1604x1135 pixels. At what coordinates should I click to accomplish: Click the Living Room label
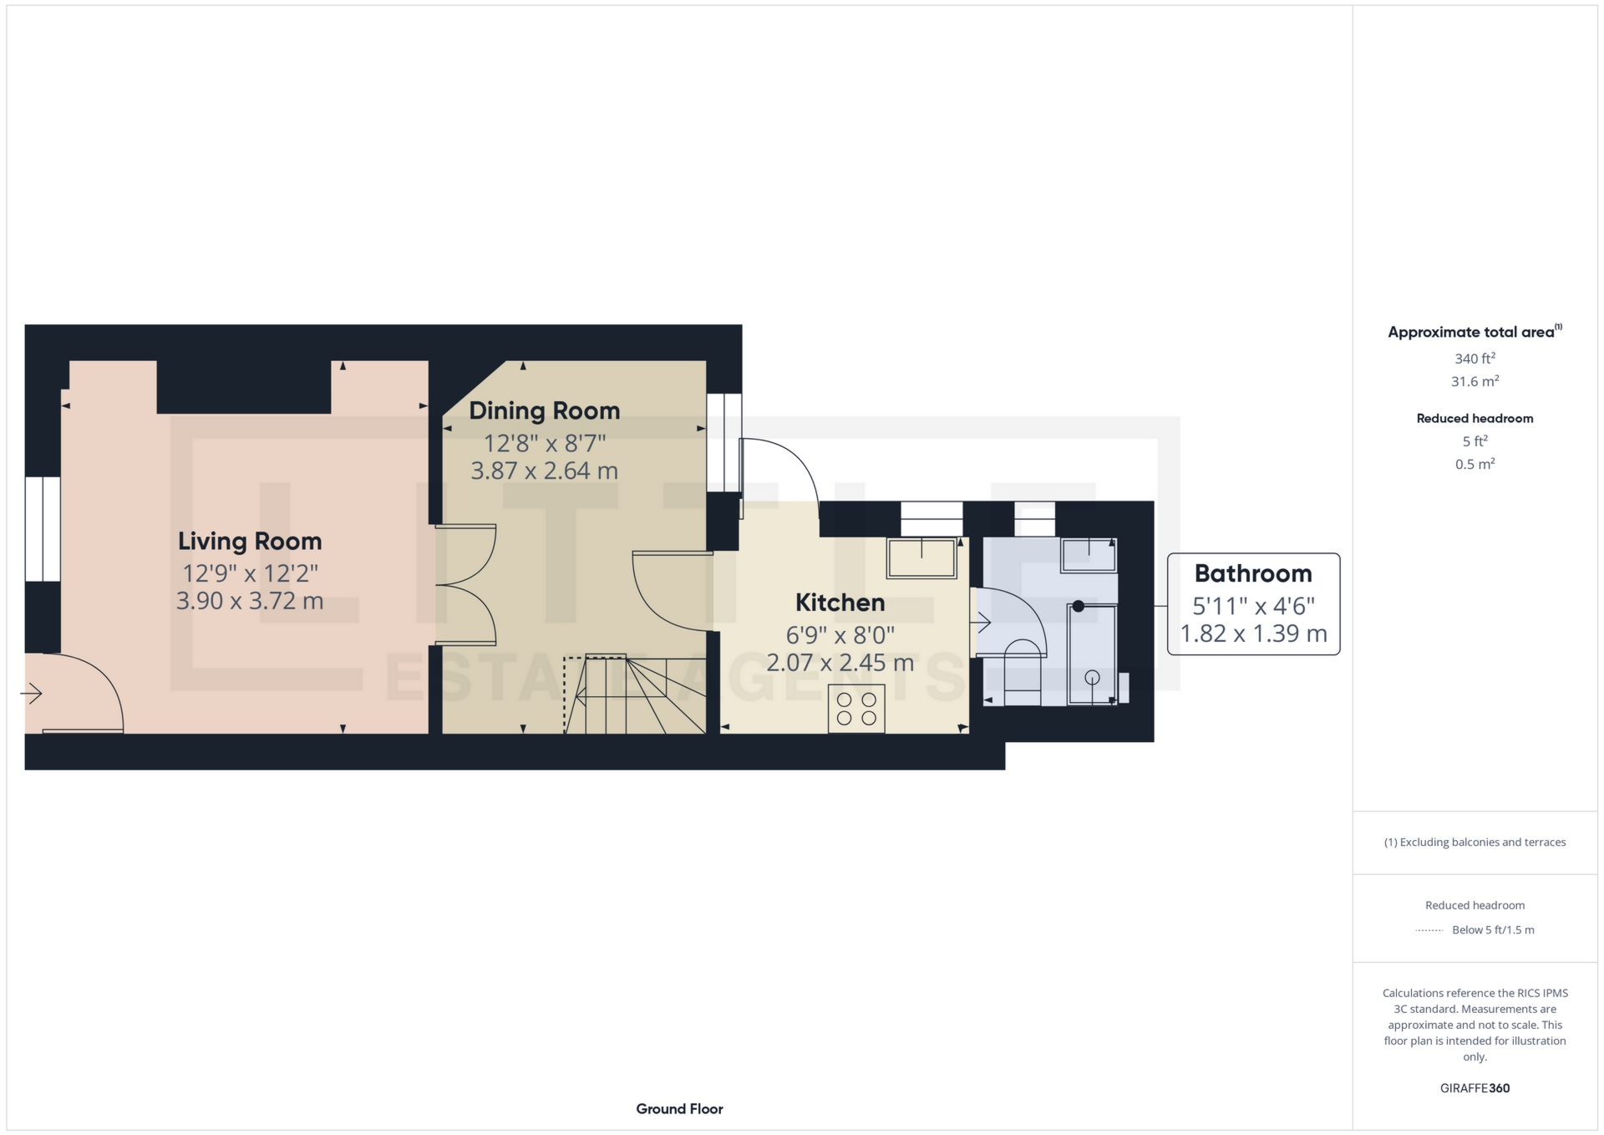[249, 541]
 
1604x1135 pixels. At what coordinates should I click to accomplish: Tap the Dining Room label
[544, 410]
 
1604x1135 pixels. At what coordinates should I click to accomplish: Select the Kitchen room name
[840, 603]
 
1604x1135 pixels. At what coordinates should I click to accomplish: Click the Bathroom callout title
[1252, 573]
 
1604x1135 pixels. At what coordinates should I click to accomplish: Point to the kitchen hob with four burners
[856, 709]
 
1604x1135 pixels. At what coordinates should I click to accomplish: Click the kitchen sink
[921, 557]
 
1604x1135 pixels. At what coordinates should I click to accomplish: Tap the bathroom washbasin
[1089, 555]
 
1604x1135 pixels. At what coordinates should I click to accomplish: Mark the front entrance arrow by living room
[31, 693]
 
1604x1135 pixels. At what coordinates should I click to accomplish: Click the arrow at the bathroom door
[980, 622]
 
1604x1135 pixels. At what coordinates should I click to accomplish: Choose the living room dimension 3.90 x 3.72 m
[249, 601]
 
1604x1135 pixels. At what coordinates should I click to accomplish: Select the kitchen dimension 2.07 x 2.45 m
[840, 663]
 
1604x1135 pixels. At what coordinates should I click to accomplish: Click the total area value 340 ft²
[1474, 359]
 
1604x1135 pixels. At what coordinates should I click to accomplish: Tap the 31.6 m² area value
[1474, 382]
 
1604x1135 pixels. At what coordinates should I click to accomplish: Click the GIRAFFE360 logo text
[1475, 1088]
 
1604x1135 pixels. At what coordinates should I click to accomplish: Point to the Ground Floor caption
[679, 1109]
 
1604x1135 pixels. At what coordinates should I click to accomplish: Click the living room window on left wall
[42, 529]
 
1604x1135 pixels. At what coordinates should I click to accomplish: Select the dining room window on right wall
[723, 442]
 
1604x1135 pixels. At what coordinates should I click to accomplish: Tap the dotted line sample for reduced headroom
[1429, 930]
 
